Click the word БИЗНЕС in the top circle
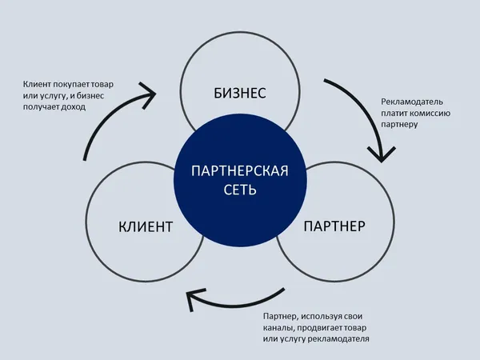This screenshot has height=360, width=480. pyautogui.click(x=240, y=94)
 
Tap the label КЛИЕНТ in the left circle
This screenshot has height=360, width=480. pyautogui.click(x=146, y=226)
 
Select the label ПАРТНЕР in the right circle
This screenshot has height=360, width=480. pyautogui.click(x=335, y=226)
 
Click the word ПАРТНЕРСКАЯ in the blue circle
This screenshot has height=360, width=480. pyautogui.click(x=240, y=173)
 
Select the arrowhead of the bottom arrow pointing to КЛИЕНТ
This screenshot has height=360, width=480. pyautogui.click(x=192, y=299)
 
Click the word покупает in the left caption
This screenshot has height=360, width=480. pyautogui.click(x=70, y=85)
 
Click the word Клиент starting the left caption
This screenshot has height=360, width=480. pyautogui.click(x=38, y=85)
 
